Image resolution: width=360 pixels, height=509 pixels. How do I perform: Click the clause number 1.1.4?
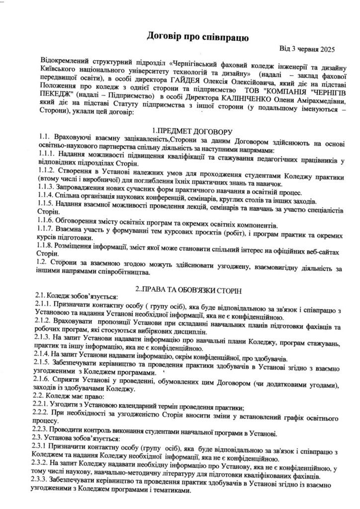(x=46, y=201)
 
